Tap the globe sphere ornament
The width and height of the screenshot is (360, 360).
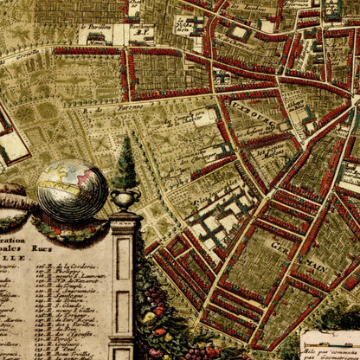coord(72,190)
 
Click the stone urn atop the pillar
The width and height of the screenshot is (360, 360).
coord(125,200)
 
